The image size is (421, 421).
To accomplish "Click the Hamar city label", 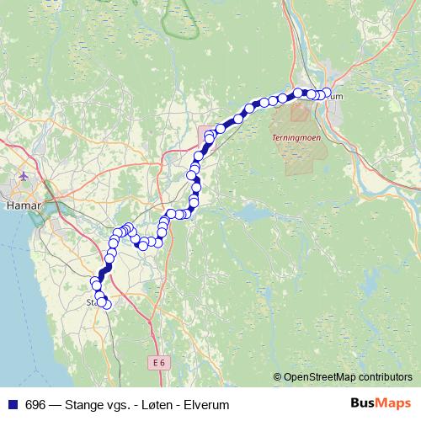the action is click(18, 204).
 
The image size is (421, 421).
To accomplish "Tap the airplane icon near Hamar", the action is click(23, 178).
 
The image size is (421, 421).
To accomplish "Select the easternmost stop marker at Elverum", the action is click(327, 93).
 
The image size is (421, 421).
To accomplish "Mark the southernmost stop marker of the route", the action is click(106, 304).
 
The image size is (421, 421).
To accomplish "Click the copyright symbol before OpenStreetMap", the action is click(278, 378).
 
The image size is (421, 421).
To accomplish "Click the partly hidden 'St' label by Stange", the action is click(91, 301).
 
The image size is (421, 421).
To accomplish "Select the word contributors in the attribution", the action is click(383, 378).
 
